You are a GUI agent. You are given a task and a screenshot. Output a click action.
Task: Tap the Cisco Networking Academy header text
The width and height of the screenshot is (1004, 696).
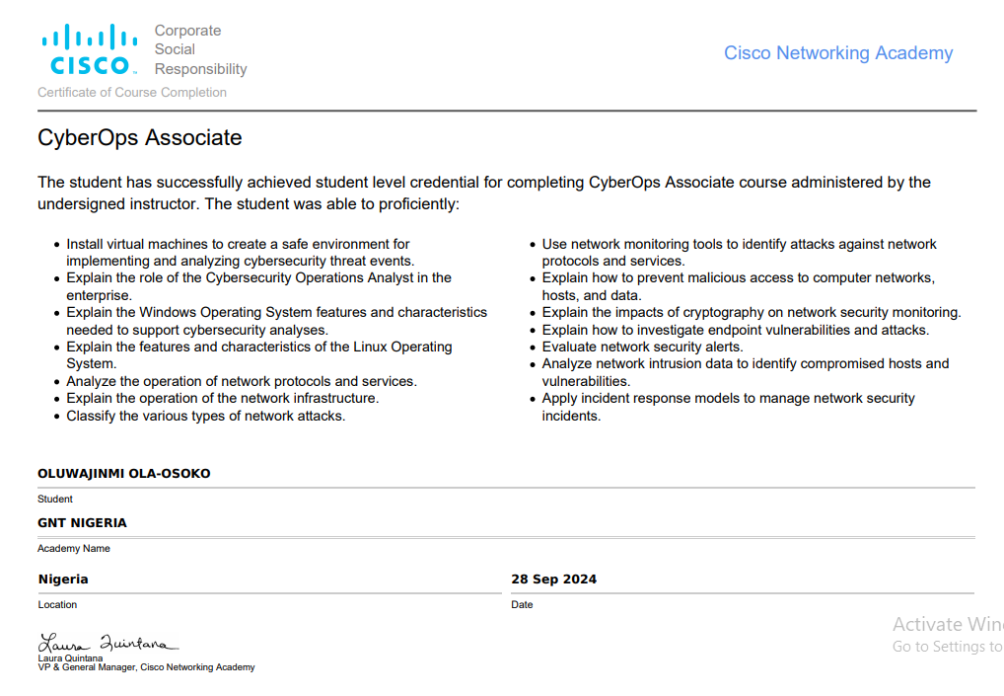[x=838, y=53]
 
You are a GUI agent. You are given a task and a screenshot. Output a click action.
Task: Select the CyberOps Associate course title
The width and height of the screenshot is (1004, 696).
[x=140, y=138]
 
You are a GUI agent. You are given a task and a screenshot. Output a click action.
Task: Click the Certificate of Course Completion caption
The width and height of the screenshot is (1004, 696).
[x=132, y=93]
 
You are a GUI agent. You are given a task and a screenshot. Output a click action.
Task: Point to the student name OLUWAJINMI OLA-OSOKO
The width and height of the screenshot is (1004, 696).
[x=124, y=474]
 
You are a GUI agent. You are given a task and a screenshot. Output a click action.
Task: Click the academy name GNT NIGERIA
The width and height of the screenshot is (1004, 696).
[x=83, y=523]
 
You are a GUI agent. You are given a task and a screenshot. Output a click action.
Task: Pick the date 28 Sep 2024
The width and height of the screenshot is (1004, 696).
[x=553, y=580]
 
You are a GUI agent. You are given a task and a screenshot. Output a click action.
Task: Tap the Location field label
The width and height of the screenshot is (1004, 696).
[x=57, y=604]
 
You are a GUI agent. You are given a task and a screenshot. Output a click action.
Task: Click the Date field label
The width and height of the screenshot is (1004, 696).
[x=522, y=604]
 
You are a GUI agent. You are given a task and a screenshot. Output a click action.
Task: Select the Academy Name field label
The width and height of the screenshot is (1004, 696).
[x=74, y=548]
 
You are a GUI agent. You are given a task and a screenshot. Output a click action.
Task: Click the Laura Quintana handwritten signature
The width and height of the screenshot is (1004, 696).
[x=108, y=644]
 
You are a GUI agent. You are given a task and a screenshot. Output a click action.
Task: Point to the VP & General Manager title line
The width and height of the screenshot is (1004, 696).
[x=146, y=667]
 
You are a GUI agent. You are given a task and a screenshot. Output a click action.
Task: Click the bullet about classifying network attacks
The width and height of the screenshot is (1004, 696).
[x=206, y=416]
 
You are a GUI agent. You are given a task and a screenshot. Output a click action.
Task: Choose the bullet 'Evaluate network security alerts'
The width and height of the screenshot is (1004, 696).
[x=643, y=347]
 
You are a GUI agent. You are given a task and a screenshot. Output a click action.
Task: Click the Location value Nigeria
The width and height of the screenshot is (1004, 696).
[x=63, y=580]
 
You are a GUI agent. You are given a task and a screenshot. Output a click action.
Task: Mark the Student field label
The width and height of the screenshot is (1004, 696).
[x=55, y=499]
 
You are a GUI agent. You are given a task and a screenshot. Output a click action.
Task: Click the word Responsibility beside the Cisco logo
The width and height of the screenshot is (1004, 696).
[x=201, y=69]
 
